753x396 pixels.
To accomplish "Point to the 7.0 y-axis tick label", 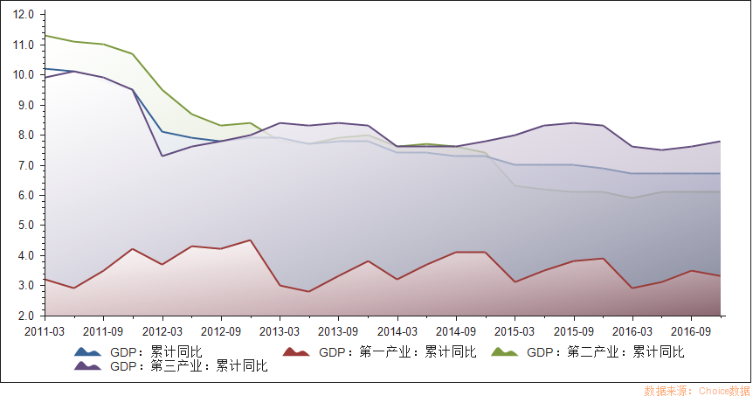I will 26,165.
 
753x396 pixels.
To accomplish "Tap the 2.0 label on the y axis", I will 26,316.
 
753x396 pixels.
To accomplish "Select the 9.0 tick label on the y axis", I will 26,105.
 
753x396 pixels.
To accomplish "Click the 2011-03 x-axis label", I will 44,332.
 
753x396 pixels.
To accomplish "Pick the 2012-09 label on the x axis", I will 220,332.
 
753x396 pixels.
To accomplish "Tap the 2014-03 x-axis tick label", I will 397,332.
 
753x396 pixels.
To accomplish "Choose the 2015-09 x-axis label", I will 573,332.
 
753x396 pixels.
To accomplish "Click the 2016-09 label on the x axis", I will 691,332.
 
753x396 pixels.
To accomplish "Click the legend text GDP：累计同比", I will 156,352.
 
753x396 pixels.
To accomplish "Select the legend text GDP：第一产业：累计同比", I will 397,352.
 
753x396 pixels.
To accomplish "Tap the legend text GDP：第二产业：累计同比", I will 605,352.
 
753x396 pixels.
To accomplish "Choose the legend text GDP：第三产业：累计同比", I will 189,366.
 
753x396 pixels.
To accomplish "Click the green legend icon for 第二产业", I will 504,352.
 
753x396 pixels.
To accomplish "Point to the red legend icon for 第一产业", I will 296,352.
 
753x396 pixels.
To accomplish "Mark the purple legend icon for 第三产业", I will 87,366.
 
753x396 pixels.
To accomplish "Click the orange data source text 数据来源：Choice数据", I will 696,390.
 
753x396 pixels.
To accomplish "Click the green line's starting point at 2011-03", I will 45,36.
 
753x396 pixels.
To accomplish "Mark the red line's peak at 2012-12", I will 250,240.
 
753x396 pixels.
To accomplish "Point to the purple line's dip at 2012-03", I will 162,156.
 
